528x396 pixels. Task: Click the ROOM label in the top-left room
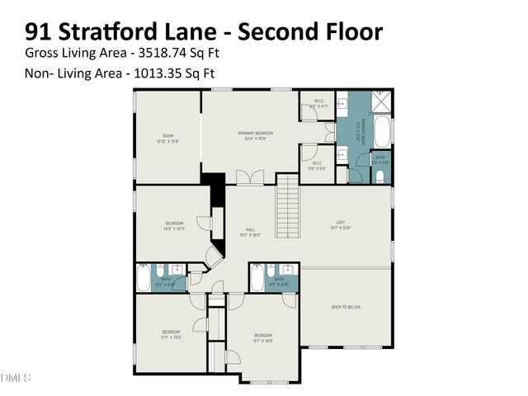click(167, 136)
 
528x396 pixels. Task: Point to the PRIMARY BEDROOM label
click(256, 133)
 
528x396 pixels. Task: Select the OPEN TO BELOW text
click(345, 307)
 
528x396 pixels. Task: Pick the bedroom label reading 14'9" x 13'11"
click(174, 224)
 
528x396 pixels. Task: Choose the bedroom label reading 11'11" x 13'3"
click(172, 333)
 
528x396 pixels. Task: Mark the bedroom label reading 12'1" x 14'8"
click(262, 335)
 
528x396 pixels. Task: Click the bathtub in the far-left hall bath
click(144, 279)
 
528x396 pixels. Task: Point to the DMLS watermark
click(16, 378)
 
